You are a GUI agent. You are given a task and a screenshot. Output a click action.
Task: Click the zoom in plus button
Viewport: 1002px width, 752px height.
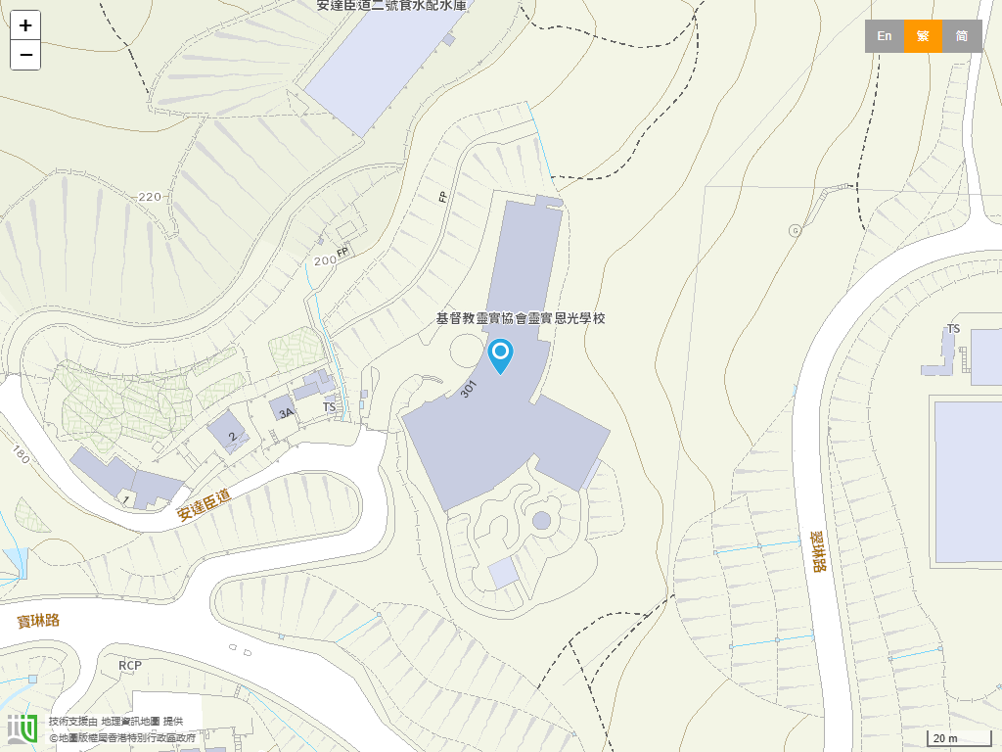[x=25, y=25]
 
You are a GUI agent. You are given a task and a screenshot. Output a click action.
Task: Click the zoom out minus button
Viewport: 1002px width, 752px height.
[x=25, y=55]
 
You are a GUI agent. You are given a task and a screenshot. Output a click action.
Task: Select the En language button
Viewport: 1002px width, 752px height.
[x=884, y=36]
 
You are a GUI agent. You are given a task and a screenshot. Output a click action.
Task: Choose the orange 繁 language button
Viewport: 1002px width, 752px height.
[x=923, y=36]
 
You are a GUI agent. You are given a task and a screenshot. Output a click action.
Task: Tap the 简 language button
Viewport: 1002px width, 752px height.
[x=962, y=36]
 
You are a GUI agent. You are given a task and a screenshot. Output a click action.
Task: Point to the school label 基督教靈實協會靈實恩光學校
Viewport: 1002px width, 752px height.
[x=521, y=318]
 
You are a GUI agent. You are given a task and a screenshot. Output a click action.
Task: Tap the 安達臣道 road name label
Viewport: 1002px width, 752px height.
[x=204, y=504]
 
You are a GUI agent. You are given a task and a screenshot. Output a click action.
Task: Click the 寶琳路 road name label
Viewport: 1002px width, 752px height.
[x=39, y=620]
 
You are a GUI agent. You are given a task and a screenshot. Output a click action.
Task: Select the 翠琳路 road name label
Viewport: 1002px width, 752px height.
[x=819, y=552]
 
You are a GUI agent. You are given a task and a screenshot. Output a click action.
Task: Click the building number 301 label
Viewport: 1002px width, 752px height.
[x=468, y=389]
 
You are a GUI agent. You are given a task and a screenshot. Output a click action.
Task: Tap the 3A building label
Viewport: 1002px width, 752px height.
[x=286, y=413]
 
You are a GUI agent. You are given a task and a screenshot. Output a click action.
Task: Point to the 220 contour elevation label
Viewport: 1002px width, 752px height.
[x=150, y=197]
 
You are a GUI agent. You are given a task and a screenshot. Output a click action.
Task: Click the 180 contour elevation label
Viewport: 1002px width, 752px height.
[x=22, y=453]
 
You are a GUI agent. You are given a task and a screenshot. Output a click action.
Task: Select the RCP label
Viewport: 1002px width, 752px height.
[x=130, y=666]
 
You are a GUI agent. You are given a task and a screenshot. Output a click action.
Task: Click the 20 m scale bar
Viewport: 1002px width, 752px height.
[x=959, y=738]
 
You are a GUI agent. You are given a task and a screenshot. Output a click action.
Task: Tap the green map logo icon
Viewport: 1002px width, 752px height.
[x=23, y=728]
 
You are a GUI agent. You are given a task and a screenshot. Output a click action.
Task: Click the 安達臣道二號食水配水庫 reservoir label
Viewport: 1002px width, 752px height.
[x=391, y=6]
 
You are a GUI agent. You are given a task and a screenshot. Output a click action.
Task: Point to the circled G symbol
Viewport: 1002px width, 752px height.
[x=795, y=230]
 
